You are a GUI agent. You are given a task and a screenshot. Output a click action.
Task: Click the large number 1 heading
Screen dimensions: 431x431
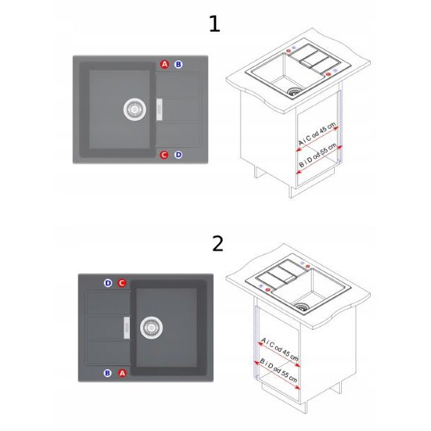(x=215, y=24)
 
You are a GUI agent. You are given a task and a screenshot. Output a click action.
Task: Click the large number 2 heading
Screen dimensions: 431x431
(x=218, y=244)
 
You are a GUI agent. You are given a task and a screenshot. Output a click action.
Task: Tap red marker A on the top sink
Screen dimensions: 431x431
(x=164, y=65)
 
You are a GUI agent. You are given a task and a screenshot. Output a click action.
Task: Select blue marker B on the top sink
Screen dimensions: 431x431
(x=178, y=65)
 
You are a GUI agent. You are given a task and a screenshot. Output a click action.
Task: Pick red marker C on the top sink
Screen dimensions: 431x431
(x=164, y=154)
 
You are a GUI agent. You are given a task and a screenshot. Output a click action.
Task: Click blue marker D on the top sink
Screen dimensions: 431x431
(x=178, y=154)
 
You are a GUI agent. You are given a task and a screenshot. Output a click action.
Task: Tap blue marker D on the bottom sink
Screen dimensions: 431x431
(x=108, y=283)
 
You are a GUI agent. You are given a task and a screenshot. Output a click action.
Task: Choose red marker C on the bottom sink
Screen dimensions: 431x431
(x=122, y=283)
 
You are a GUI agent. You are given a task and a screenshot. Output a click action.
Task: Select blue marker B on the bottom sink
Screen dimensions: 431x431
(x=108, y=373)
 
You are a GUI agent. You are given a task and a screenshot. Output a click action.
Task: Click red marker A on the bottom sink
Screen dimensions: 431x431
(x=122, y=373)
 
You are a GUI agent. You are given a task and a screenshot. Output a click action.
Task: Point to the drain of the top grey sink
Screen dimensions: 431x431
(x=134, y=109)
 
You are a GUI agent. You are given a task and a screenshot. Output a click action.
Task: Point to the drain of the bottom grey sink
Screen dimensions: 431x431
(x=151, y=328)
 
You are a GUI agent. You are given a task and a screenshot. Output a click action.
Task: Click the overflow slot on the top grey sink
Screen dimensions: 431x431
(x=159, y=109)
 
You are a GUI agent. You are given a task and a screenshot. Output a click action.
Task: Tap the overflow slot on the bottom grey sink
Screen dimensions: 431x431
(x=126, y=328)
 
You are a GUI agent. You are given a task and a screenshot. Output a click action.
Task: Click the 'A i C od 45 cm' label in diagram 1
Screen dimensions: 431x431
(x=318, y=134)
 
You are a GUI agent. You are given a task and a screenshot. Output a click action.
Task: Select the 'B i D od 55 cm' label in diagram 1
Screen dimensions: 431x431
(x=318, y=155)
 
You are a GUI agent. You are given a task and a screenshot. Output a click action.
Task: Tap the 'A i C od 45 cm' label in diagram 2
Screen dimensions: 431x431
(x=279, y=349)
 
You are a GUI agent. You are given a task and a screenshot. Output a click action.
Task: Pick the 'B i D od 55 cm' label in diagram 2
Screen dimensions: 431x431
(x=279, y=371)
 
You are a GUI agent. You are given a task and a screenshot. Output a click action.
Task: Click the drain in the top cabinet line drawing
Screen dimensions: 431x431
(x=293, y=91)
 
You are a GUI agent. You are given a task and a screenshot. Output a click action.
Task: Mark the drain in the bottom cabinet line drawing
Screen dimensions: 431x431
(x=301, y=307)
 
